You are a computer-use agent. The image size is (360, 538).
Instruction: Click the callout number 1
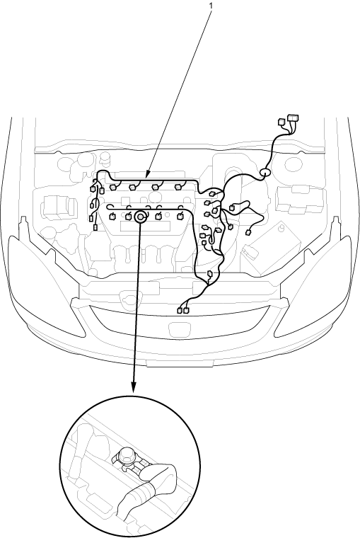[211, 6]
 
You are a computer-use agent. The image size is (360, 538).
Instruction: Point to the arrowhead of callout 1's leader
[147, 175]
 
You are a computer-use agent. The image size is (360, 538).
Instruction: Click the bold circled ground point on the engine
[140, 217]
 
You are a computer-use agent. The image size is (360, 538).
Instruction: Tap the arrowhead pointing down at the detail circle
[134, 387]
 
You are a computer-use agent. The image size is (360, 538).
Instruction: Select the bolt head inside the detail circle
[126, 454]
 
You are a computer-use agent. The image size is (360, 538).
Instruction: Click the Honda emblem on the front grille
[176, 330]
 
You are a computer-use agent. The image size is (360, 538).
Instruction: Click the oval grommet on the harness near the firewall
[265, 173]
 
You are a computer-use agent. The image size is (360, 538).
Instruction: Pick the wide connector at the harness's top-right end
[293, 118]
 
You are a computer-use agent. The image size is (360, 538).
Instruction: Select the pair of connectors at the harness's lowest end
[183, 311]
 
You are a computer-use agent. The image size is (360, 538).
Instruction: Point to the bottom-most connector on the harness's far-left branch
[95, 227]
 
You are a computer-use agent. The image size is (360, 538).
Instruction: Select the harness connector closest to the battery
[248, 233]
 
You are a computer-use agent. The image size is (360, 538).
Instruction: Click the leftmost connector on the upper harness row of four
[112, 188]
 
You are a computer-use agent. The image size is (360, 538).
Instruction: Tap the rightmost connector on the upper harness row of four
[178, 187]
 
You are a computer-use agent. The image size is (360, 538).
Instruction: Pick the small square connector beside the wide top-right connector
[281, 122]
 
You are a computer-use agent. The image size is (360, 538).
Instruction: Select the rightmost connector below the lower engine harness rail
[180, 216]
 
